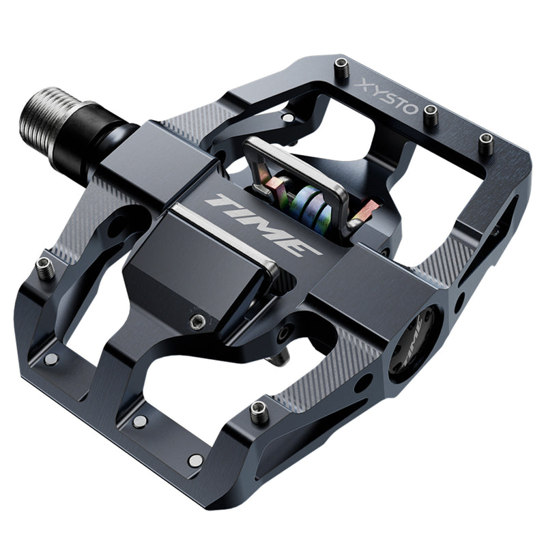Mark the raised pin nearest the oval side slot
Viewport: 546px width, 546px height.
point(485,143)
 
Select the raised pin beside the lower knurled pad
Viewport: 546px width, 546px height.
point(259,412)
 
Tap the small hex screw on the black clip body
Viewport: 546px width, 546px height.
point(197,321)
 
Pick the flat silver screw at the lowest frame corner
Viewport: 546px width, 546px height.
point(196,461)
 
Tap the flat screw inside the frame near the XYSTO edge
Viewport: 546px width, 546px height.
point(289,118)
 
